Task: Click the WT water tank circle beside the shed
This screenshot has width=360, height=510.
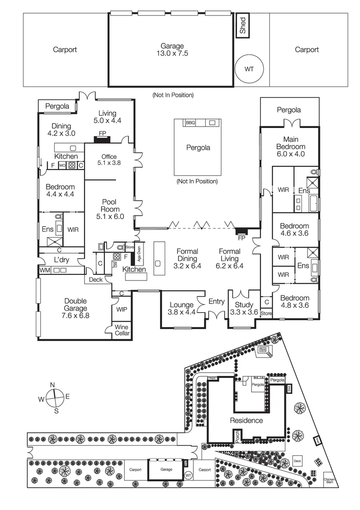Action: tap(249, 69)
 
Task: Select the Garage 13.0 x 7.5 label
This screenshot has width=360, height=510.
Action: tap(172, 50)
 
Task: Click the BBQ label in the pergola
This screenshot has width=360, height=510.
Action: tap(190, 122)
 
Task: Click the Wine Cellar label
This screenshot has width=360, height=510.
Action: tap(122, 330)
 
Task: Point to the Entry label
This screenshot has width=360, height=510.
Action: tap(217, 301)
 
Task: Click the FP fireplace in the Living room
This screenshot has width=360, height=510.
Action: tap(101, 134)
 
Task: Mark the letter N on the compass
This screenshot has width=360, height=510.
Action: tap(53, 384)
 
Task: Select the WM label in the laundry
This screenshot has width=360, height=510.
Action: tap(44, 271)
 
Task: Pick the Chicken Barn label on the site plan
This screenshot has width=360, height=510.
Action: tap(329, 481)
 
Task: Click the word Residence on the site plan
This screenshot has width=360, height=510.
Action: tap(246, 420)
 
